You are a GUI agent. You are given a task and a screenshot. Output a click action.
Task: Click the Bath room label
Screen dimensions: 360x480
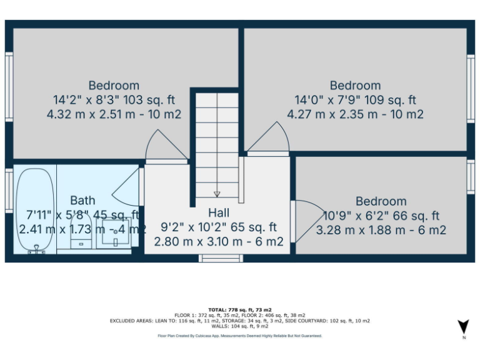tap(82, 201)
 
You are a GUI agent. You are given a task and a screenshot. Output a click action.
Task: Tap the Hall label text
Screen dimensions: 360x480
tap(219, 212)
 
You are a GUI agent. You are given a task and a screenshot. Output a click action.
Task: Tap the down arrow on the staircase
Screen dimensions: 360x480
tap(217, 194)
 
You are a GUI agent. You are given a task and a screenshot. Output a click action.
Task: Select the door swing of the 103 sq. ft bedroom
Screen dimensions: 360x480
tap(166, 146)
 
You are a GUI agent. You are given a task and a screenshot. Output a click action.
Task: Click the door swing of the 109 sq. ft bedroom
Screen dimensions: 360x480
tap(267, 138)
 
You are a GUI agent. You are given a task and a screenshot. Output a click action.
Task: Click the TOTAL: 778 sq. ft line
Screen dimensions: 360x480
tap(241, 310)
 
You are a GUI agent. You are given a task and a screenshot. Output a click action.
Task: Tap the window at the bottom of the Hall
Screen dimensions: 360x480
tap(220, 258)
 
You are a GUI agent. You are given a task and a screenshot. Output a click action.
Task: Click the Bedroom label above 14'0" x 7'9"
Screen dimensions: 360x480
tap(355, 86)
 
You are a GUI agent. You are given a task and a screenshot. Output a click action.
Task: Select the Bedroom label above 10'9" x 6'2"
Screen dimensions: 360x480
tap(381, 201)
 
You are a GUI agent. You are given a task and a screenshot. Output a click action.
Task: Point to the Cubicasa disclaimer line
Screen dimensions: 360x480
tap(240, 336)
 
